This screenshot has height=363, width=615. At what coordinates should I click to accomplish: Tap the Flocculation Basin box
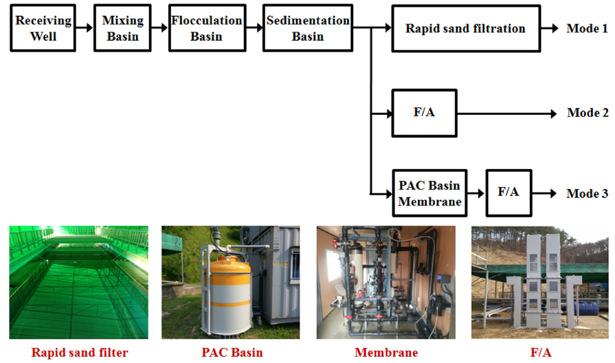pos(206,28)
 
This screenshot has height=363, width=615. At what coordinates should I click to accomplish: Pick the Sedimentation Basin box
pos(307,28)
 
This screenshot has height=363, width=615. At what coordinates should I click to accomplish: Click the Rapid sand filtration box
pos(465,29)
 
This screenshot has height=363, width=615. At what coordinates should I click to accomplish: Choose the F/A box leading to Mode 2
pos(424,113)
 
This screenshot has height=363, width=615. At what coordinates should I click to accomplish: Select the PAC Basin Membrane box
pos(429,193)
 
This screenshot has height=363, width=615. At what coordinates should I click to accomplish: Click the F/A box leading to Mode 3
pos(508,193)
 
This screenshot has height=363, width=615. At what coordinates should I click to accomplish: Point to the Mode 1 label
pos(587,29)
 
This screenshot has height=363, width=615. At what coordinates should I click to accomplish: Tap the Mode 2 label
pos(588,113)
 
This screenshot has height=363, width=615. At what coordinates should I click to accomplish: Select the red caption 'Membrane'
pos(385,353)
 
